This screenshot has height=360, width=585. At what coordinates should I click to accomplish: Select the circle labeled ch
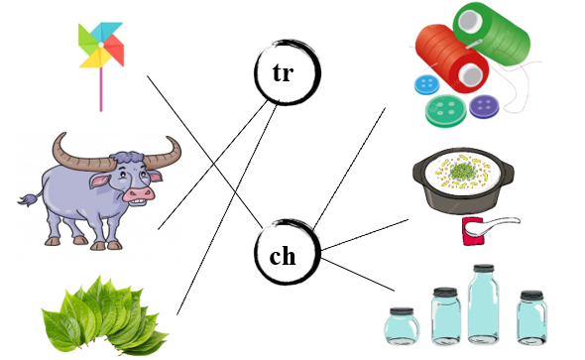pos(283,255)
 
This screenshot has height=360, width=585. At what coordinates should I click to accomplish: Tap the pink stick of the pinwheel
pos(100,90)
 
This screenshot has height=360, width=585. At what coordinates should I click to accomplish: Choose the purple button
pos(485,106)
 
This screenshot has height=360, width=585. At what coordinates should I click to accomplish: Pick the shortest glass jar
pos(404,326)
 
